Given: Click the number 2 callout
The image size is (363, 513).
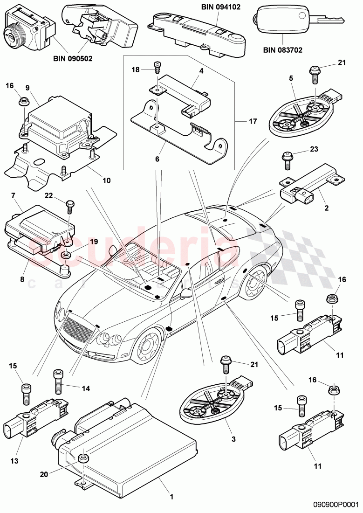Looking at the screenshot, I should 327,208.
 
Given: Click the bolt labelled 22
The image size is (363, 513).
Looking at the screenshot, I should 70,205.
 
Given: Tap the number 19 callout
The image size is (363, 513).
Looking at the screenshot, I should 94,242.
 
